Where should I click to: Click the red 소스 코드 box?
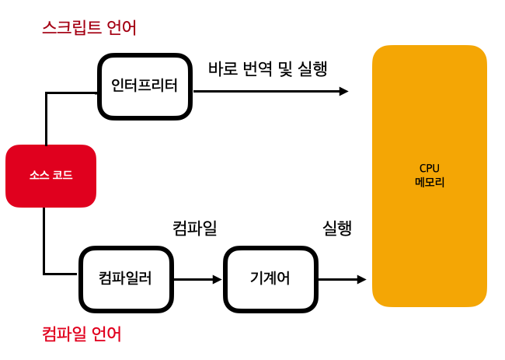click(50, 176)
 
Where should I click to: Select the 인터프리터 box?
click(145, 86)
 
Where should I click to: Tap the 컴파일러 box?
click(125, 278)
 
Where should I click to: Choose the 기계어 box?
click(270, 278)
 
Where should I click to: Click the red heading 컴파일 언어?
click(81, 335)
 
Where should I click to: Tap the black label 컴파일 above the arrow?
click(194, 229)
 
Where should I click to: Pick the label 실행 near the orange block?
click(337, 229)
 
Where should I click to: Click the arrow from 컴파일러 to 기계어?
click(198, 278)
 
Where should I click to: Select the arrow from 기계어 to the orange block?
click(342, 278)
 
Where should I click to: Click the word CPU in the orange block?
click(430, 168)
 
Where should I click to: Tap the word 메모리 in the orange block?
click(430, 182)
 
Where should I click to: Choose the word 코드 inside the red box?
click(63, 176)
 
